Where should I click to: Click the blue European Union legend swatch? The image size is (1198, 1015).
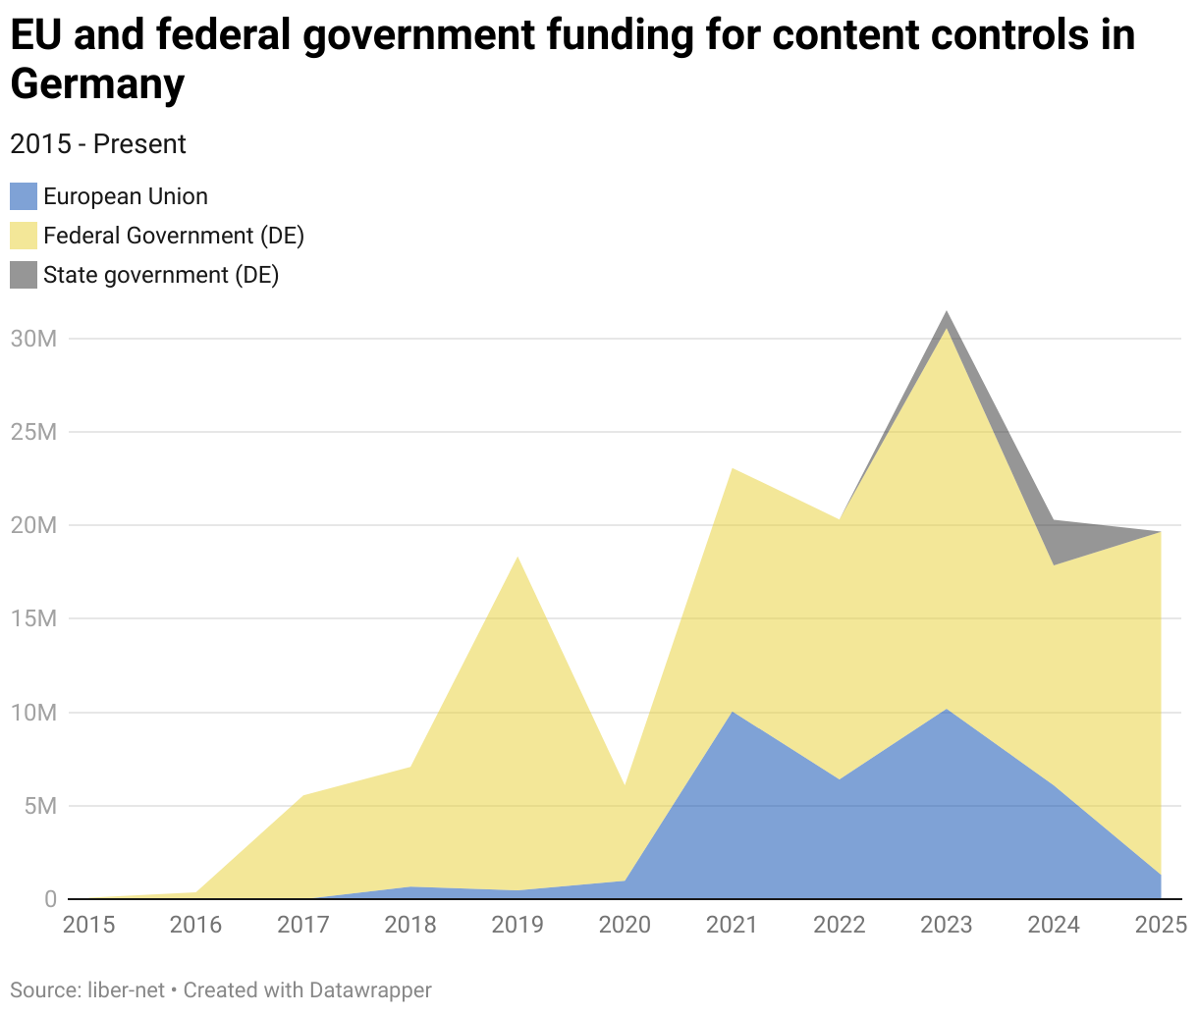pyautogui.click(x=24, y=196)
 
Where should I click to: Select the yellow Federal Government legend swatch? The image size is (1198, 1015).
pyautogui.click(x=24, y=236)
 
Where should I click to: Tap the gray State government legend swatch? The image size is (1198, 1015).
pyautogui.click(x=24, y=275)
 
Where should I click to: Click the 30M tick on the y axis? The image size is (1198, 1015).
pyautogui.click(x=34, y=339)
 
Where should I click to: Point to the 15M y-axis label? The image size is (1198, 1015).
pyautogui.click(x=34, y=618)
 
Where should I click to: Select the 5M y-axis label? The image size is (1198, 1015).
pyautogui.click(x=40, y=806)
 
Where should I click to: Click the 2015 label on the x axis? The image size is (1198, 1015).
pyautogui.click(x=88, y=925)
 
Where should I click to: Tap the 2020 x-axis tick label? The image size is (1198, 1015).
pyautogui.click(x=625, y=925)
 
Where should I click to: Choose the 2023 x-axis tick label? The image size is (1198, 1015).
pyautogui.click(x=947, y=925)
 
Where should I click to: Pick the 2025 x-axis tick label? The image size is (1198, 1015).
pyautogui.click(x=1161, y=925)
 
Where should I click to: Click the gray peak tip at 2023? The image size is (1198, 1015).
pyautogui.click(x=947, y=313)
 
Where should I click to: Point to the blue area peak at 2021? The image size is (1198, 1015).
pyautogui.click(x=733, y=713)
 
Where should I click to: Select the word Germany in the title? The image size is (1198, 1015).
pyautogui.click(x=97, y=84)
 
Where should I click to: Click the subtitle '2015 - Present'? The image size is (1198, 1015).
pyautogui.click(x=98, y=144)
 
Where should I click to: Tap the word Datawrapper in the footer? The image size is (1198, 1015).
pyautogui.click(x=370, y=989)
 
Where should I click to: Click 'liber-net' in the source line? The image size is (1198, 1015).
pyautogui.click(x=126, y=989)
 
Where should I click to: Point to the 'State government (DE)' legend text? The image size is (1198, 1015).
pyautogui.click(x=161, y=275)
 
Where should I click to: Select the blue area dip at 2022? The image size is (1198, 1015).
pyautogui.click(x=840, y=779)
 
